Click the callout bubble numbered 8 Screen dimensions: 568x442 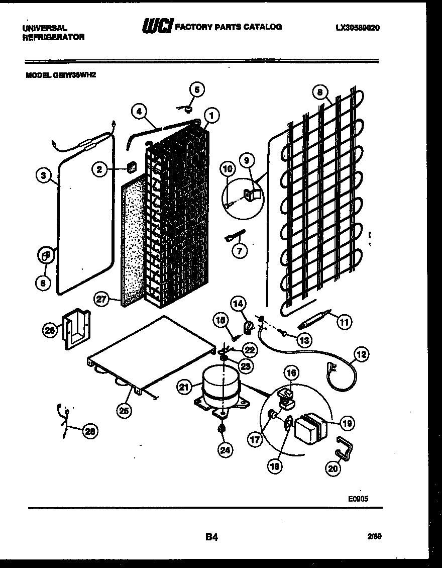tap(319, 92)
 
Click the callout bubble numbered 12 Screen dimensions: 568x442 tap(361, 354)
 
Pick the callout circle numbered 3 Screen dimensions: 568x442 tap(44, 175)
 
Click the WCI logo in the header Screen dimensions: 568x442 tap(157, 27)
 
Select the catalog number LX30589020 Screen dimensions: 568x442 tap(357, 28)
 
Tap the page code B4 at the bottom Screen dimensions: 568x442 tap(211, 537)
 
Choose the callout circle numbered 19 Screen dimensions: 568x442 tap(347, 423)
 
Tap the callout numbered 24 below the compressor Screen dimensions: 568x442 tap(226, 450)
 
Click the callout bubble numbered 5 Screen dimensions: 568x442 tap(197, 90)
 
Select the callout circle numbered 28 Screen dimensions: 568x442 tap(89, 430)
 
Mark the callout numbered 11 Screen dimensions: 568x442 tap(344, 321)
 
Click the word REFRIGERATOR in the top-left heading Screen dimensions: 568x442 tap(53, 37)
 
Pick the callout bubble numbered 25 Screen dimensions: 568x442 tap(124, 411)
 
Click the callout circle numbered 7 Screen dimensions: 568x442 tap(239, 250)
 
